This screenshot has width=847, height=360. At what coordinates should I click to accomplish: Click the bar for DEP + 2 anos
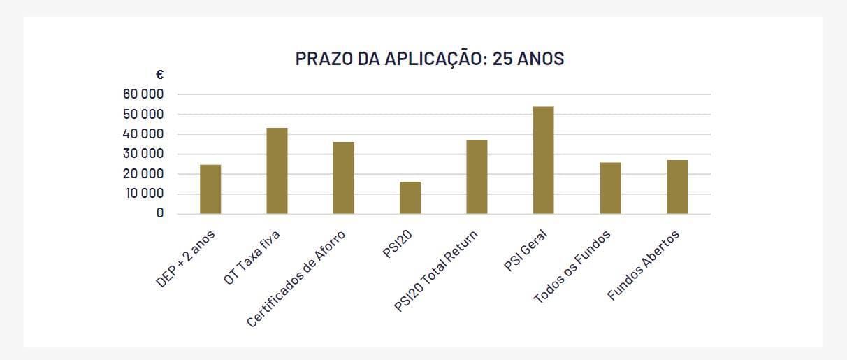click(210, 189)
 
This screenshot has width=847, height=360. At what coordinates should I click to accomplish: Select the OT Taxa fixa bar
click(277, 171)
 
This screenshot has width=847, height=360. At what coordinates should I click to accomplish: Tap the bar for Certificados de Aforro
click(344, 178)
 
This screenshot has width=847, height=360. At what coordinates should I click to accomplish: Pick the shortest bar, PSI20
click(410, 197)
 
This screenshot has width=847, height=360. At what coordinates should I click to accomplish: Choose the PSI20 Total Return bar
click(477, 176)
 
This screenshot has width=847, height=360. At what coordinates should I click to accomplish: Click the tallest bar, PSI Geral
click(543, 160)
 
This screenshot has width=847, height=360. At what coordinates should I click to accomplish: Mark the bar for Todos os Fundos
click(610, 187)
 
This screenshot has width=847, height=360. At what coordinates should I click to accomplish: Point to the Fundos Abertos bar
click(676, 187)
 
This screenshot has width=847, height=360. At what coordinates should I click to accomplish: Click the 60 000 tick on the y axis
click(144, 94)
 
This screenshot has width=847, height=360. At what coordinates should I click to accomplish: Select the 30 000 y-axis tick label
click(144, 154)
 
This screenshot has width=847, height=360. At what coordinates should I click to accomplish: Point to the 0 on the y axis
click(160, 213)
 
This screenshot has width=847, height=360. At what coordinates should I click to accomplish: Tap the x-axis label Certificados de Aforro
click(296, 280)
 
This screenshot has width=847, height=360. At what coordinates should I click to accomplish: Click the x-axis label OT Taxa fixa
click(252, 259)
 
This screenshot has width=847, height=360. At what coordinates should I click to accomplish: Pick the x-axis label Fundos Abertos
click(643, 266)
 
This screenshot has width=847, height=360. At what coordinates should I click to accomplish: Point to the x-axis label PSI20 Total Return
click(435, 274)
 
